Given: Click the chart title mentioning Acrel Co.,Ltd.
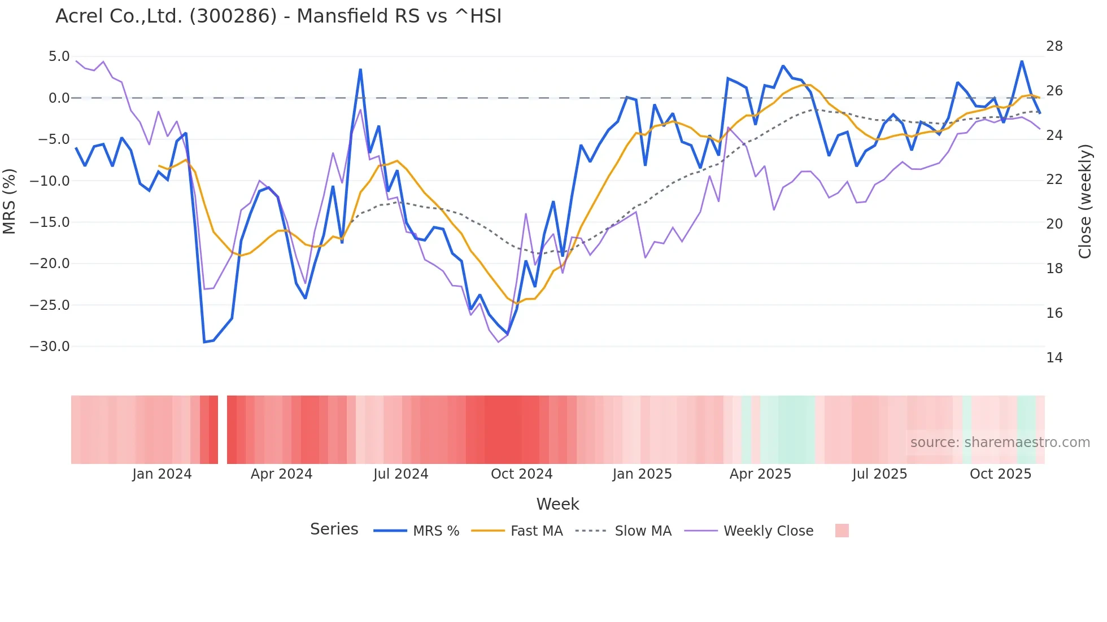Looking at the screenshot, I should (x=278, y=16).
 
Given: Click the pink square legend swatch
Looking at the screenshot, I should (x=842, y=531).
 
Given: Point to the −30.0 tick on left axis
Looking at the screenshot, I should (x=50, y=347).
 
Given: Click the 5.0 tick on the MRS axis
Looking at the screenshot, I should (x=59, y=56).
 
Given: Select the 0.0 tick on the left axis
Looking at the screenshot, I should (x=59, y=98).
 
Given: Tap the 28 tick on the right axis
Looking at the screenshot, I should (x=1054, y=46).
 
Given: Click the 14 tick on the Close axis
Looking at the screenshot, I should (x=1054, y=358).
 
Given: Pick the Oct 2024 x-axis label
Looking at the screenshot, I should (x=521, y=474).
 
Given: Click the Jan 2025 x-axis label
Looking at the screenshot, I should (x=642, y=474).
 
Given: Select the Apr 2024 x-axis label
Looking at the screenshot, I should (x=281, y=474).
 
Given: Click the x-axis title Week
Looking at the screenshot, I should (x=557, y=504).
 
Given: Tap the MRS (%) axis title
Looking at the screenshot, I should (x=10, y=201).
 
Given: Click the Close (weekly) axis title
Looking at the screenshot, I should (x=1085, y=201).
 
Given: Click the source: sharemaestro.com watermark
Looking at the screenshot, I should (x=1000, y=443).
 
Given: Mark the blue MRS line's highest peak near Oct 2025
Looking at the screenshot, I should (x=1022, y=61).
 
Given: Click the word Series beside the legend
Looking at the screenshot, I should (x=334, y=529).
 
